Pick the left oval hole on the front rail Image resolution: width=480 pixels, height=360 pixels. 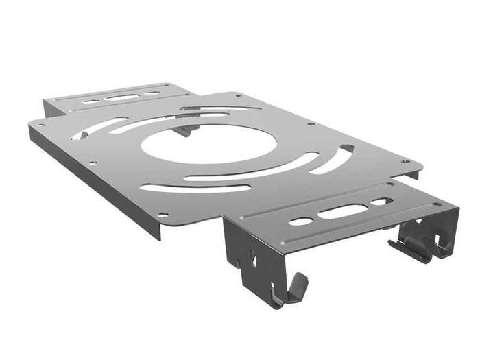pos(300,221)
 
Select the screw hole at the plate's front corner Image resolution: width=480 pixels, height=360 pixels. pos(163,215)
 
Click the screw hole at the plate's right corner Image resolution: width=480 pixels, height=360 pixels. pos(405,161)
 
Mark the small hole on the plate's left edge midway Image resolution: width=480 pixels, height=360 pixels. pos(93,163)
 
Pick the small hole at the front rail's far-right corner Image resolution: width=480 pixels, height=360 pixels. pos(436,204)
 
